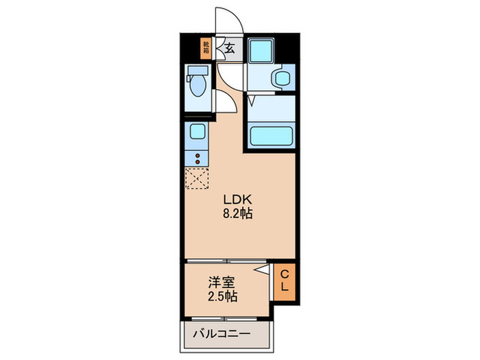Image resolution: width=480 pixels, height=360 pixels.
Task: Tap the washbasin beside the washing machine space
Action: pyautogui.click(x=281, y=77)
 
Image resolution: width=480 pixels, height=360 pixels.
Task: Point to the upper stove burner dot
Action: pyautogui.click(x=198, y=155)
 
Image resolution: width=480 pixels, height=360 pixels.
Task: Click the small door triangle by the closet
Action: pyautogui.click(x=263, y=272)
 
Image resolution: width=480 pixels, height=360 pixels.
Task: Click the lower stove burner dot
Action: pyautogui.click(x=198, y=163)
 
